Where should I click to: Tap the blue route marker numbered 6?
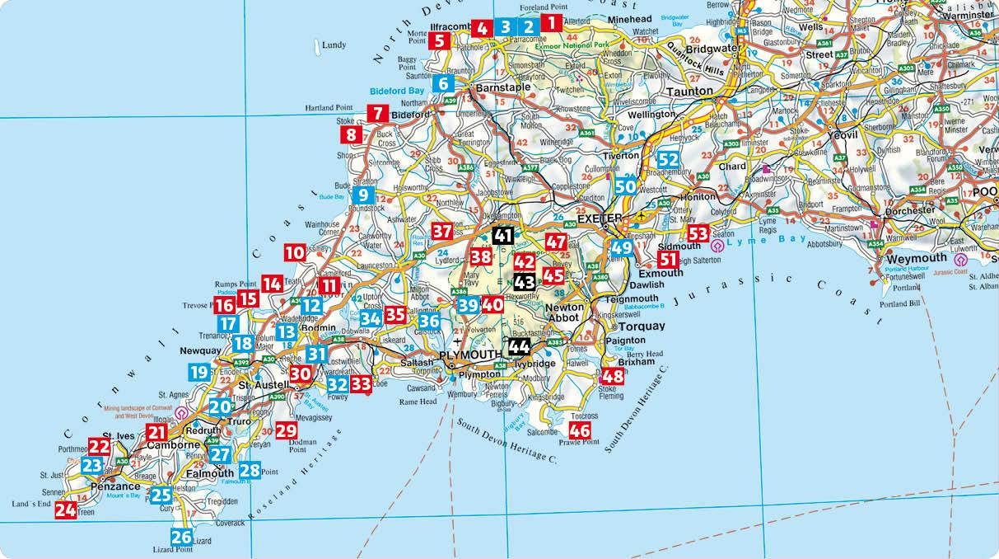pos(443,82)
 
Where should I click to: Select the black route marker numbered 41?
pos(503,236)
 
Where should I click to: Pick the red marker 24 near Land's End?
pos(65,510)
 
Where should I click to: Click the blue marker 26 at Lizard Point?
pos(182,537)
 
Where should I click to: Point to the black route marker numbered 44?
pos(519,345)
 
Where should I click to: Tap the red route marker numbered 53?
pos(698,233)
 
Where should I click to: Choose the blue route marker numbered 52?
pos(668,159)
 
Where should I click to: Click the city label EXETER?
pos(598,221)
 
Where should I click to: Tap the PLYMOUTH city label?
pos(469,355)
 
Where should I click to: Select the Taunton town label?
pos(689,92)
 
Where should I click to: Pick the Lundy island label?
pos(334,45)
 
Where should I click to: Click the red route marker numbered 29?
pos(286,430)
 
